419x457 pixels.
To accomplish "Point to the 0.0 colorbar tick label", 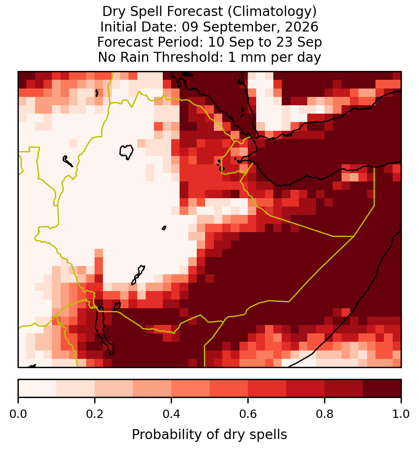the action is (18, 414).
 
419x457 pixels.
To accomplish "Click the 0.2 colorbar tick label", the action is (95, 414).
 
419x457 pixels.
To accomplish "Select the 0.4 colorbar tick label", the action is (172, 414).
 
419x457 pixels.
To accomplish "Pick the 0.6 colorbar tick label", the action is (248, 414).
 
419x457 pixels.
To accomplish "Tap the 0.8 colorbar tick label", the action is (325, 414).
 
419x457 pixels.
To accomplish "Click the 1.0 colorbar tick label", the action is (401, 414).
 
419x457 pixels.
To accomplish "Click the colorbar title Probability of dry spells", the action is (209, 435).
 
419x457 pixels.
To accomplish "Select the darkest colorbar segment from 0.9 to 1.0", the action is (382, 388).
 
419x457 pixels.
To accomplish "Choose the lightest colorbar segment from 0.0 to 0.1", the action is (38, 388).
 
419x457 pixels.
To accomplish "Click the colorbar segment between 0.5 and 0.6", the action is (229, 388).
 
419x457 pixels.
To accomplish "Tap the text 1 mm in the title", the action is (247, 57).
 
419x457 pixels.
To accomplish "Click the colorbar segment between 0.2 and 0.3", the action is (114, 388).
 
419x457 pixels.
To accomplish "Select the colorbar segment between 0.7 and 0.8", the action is (305, 388).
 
